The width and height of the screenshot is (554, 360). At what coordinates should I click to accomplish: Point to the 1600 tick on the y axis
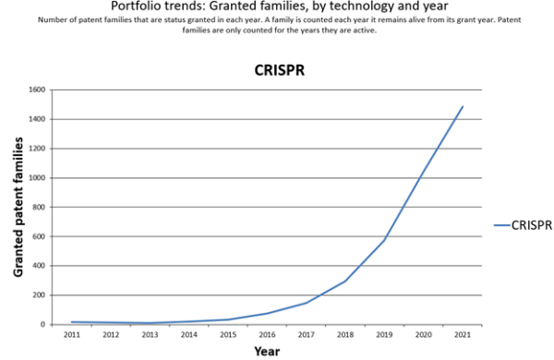[x=36, y=90]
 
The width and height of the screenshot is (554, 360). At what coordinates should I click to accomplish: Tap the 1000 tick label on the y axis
[x=36, y=178]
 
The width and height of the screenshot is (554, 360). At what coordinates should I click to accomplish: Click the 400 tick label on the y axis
[x=38, y=266]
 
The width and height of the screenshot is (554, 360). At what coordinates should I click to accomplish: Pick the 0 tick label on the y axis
[x=42, y=325]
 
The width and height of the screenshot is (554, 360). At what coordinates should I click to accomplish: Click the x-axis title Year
[x=266, y=352]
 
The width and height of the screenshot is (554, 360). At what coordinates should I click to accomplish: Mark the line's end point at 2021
[x=463, y=106]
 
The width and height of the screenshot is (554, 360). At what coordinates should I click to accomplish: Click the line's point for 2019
[x=384, y=240]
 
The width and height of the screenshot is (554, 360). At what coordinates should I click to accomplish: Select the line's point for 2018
[x=344, y=282]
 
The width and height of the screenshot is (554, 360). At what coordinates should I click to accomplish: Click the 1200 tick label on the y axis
[x=36, y=149]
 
